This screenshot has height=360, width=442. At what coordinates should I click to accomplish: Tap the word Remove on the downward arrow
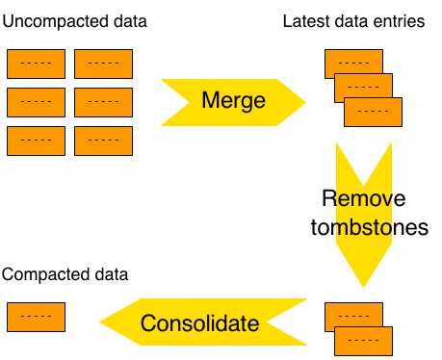tap(364, 199)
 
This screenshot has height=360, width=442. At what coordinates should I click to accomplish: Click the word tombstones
tap(375, 228)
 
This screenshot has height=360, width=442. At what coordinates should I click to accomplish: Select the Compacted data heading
tap(65, 274)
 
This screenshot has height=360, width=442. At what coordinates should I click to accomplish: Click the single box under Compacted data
tap(36, 316)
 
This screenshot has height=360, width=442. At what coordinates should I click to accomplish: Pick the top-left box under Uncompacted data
tap(36, 64)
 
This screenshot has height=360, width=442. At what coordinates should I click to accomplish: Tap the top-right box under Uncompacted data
tap(103, 64)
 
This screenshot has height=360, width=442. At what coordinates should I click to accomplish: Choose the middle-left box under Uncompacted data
tap(36, 101)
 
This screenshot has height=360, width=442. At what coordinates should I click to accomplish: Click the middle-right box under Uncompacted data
tap(103, 101)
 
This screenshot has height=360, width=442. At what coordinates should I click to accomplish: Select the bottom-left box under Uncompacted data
tap(36, 141)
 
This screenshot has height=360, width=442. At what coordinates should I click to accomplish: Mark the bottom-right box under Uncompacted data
tap(103, 141)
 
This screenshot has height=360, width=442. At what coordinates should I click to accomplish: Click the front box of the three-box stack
tap(374, 112)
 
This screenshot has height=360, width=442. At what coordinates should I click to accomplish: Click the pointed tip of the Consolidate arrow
tap(100, 323)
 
